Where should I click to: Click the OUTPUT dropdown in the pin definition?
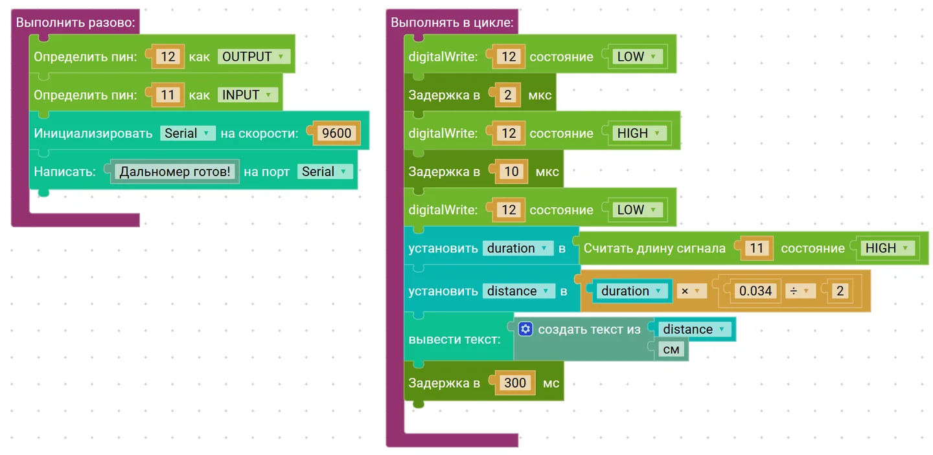253,56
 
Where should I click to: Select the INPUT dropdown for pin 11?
247,95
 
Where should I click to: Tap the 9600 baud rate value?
336,133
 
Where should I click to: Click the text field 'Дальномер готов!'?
174,172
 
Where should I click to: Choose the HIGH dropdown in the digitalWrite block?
638,133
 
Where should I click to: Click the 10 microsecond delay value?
511,172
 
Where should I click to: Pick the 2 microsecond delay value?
508,95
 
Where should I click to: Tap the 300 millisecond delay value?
515,383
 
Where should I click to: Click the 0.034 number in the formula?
755,291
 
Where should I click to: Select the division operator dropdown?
800,291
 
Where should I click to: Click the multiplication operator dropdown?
691,291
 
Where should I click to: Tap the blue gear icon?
525,329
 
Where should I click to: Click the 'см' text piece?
671,350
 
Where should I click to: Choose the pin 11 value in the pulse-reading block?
756,249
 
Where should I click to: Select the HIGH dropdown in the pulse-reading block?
887,249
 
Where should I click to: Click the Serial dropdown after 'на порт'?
324,172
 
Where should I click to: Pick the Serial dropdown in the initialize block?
187,133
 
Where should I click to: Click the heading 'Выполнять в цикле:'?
452,23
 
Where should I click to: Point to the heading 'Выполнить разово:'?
75,23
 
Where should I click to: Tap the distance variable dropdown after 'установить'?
518,291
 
